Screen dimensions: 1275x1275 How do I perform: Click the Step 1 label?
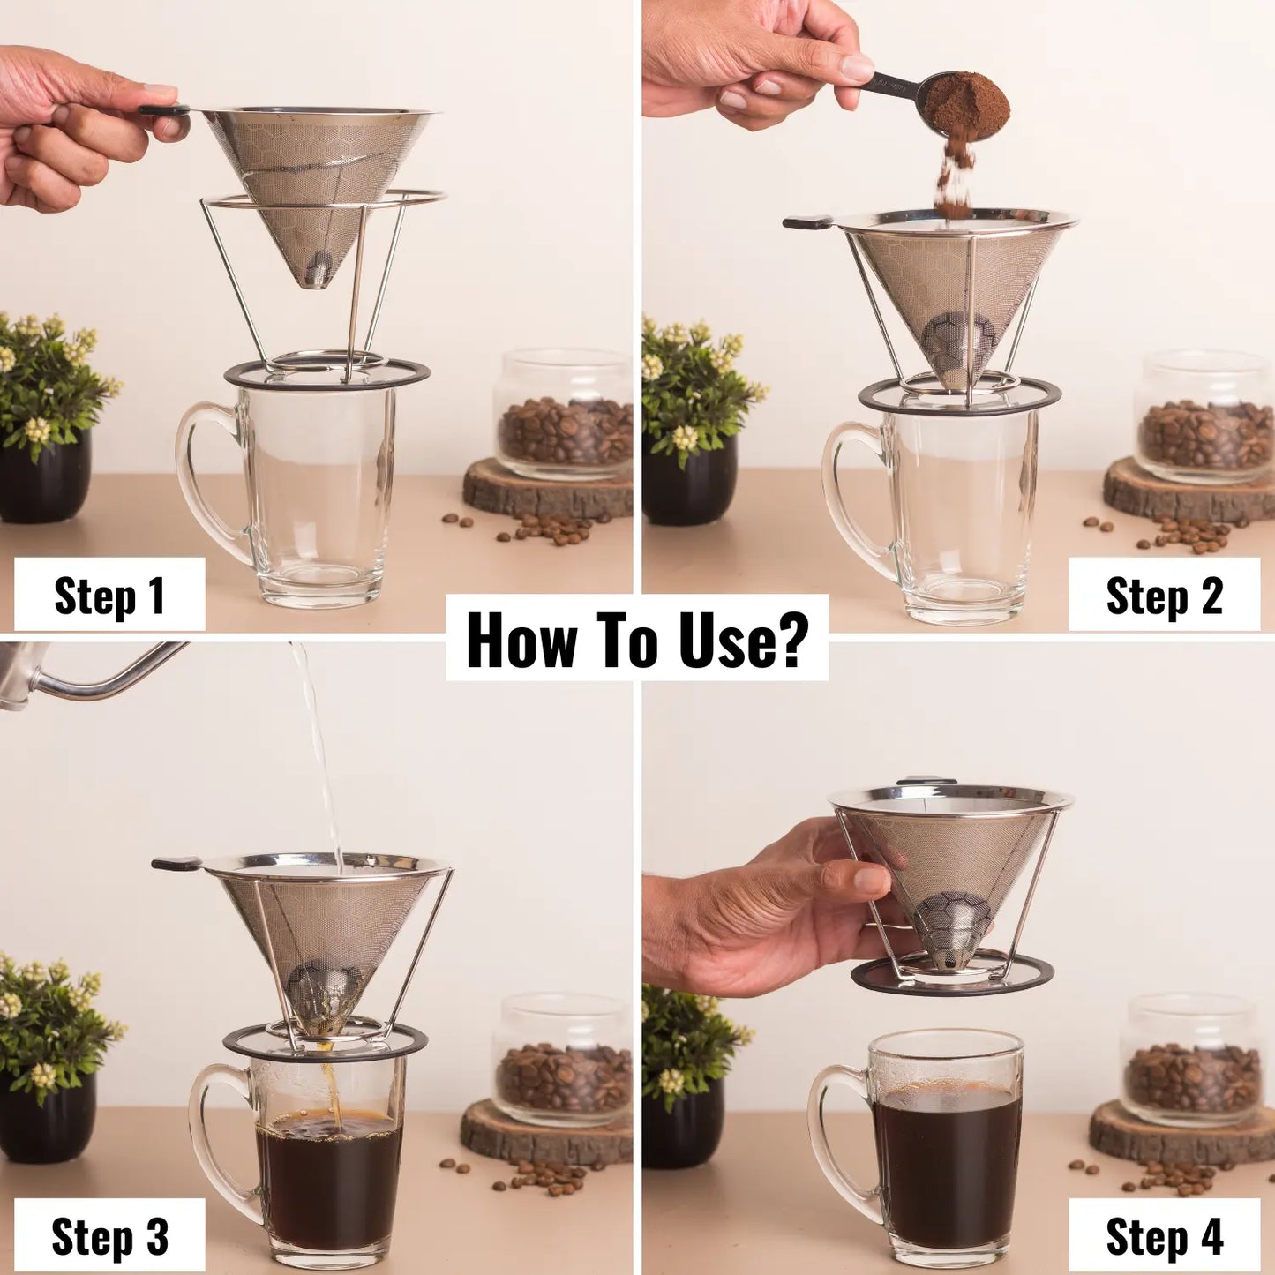click(x=109, y=596)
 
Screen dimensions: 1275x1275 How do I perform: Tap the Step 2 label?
click(x=1164, y=596)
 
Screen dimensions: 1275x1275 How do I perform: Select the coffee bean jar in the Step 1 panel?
click(x=565, y=415)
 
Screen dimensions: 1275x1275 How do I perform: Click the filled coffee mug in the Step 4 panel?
click(x=944, y=1147)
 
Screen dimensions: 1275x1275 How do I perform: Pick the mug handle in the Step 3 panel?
click(x=212, y=1138)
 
